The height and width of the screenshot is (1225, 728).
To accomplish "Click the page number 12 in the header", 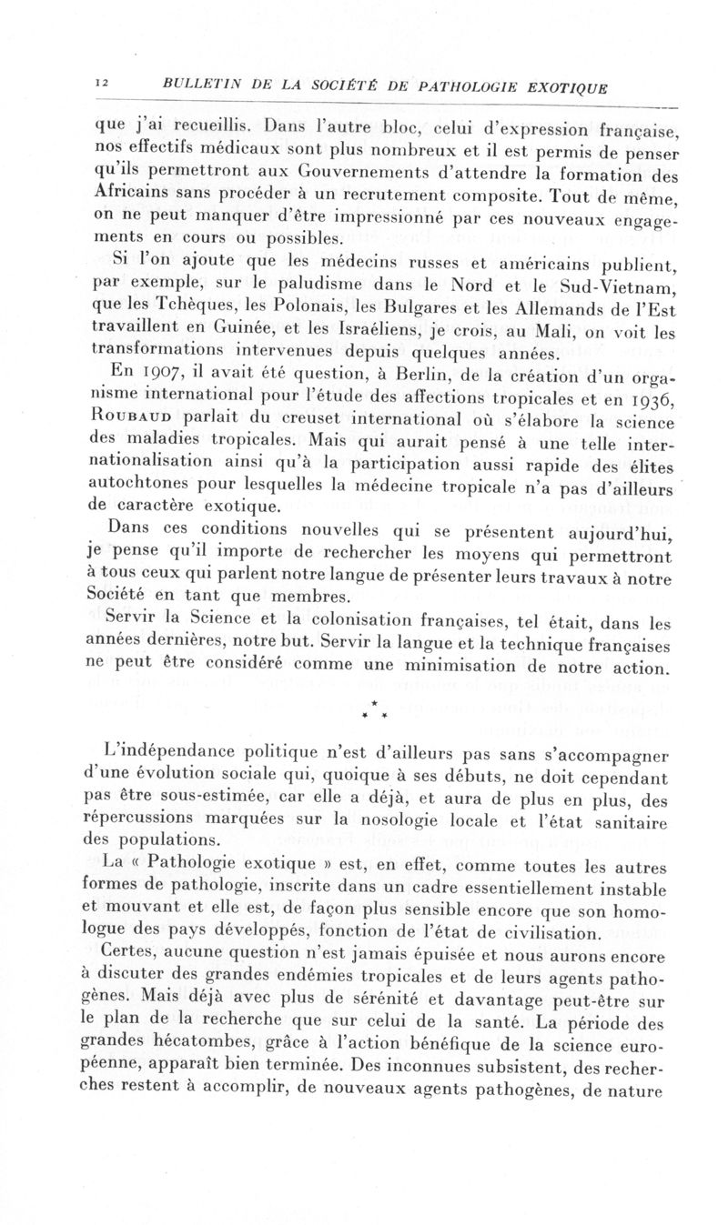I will click(x=101, y=83).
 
